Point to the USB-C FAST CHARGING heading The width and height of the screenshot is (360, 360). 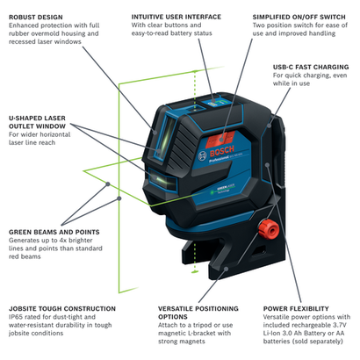(311, 66)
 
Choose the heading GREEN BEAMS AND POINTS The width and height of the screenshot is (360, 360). (49, 207)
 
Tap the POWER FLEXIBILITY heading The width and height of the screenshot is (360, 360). (298, 309)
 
